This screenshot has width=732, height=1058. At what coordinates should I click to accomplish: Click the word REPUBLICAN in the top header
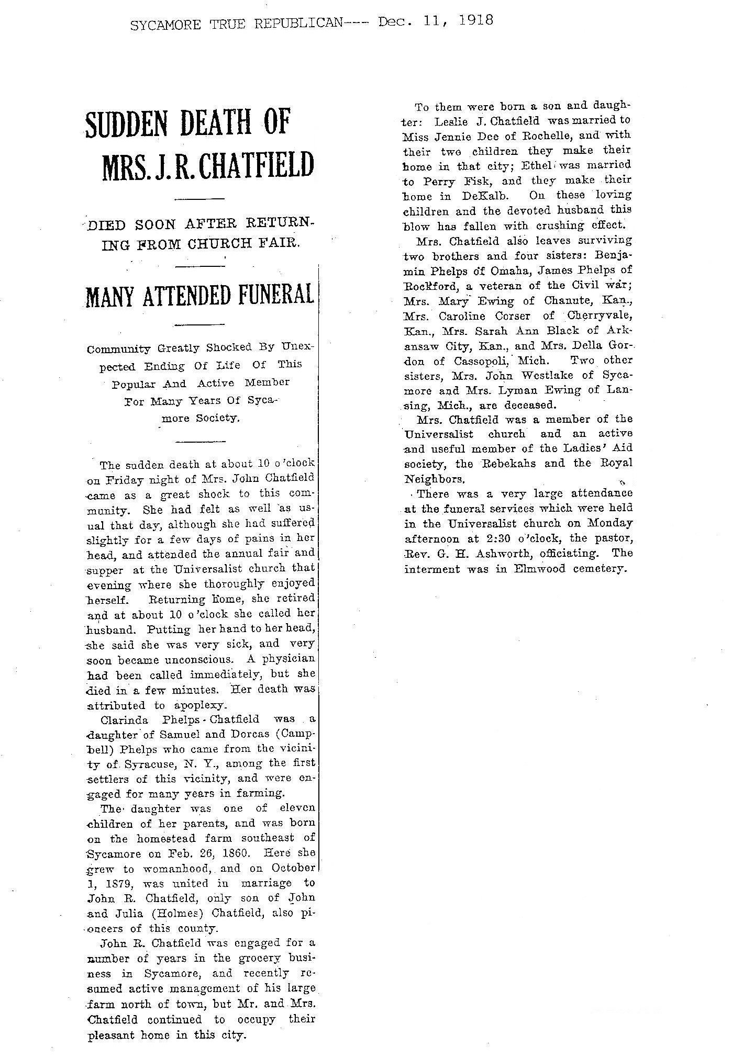tap(295, 24)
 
